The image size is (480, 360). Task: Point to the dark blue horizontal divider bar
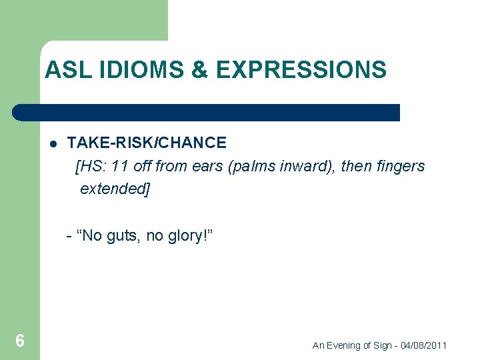point(207,113)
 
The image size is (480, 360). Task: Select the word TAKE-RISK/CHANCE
point(147,143)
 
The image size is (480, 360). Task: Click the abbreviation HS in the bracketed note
point(91,166)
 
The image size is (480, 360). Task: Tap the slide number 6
point(20,341)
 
